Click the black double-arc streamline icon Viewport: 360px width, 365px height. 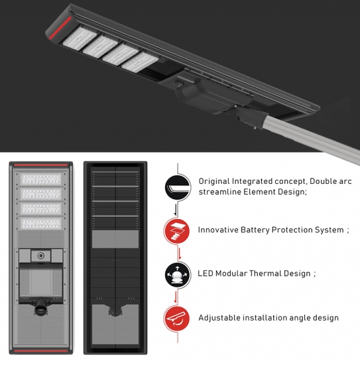[x=178, y=188]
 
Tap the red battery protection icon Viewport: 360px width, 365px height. [x=176, y=231]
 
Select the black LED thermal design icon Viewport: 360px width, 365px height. [x=178, y=275]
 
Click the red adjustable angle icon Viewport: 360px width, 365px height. [x=176, y=318]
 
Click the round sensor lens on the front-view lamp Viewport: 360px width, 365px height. [x=41, y=256]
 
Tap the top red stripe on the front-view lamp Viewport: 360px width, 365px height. [x=40, y=165]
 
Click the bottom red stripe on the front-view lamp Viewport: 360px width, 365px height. [x=40, y=350]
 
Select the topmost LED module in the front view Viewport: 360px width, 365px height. [x=41, y=179]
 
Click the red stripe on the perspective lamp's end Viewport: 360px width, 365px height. [x=60, y=28]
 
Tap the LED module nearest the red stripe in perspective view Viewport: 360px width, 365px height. [x=80, y=38]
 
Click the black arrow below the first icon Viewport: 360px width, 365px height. [x=175, y=210]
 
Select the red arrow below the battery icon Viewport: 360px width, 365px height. [x=179, y=254]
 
